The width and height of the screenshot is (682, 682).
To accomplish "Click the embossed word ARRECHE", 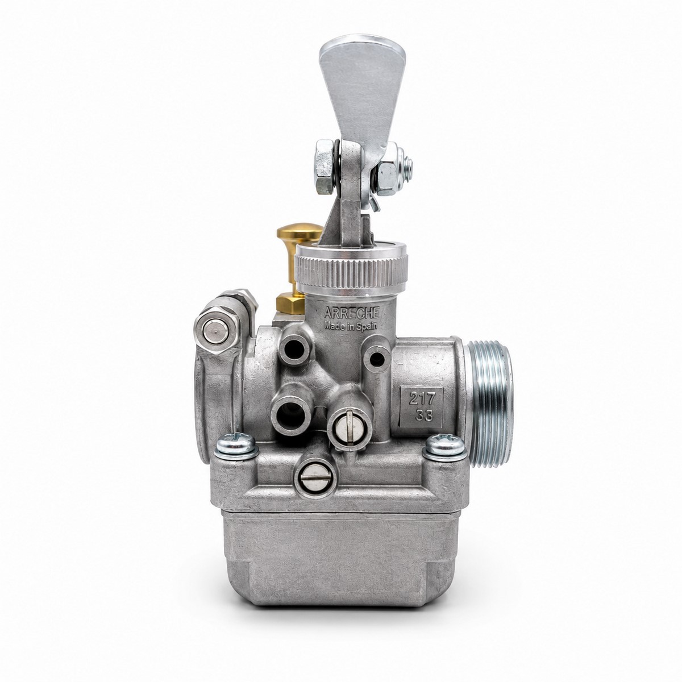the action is click(351, 313).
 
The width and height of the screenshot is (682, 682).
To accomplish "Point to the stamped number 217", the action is click(421, 400).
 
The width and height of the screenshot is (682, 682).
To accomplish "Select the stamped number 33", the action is click(423, 415).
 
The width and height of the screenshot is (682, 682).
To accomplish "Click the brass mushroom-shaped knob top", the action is click(300, 231).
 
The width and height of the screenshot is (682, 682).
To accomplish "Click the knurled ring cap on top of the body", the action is click(351, 269).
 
